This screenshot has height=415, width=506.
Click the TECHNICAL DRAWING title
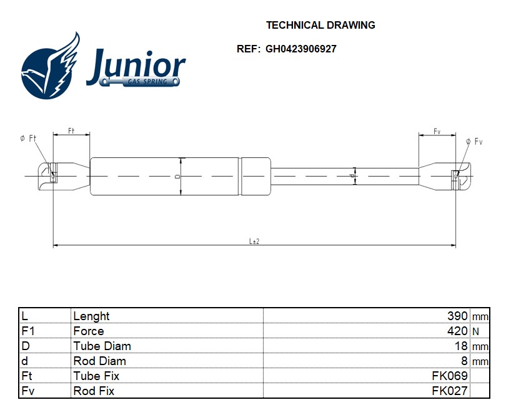click(x=320, y=25)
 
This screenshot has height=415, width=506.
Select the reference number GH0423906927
click(x=301, y=49)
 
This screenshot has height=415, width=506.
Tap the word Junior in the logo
click(x=136, y=67)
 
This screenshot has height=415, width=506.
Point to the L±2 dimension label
click(x=254, y=241)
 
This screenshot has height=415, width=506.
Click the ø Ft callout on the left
click(x=27, y=139)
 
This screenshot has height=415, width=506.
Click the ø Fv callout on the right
click(x=474, y=141)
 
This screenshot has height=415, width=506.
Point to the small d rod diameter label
click(x=352, y=176)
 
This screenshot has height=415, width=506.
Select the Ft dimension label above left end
click(x=71, y=130)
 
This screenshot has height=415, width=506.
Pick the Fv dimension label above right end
click(x=437, y=131)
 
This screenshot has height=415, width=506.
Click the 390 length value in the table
click(x=457, y=316)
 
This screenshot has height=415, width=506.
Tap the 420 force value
click(x=457, y=331)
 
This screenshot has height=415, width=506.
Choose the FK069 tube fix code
click(x=450, y=376)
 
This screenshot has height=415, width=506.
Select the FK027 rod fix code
click(x=450, y=391)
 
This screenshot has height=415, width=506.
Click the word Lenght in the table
click(x=91, y=316)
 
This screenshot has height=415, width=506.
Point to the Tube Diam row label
click(x=102, y=346)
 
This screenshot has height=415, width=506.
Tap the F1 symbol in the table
click(x=27, y=331)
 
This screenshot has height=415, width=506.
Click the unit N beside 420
click(x=475, y=331)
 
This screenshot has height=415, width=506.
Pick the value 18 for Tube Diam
click(x=461, y=346)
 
